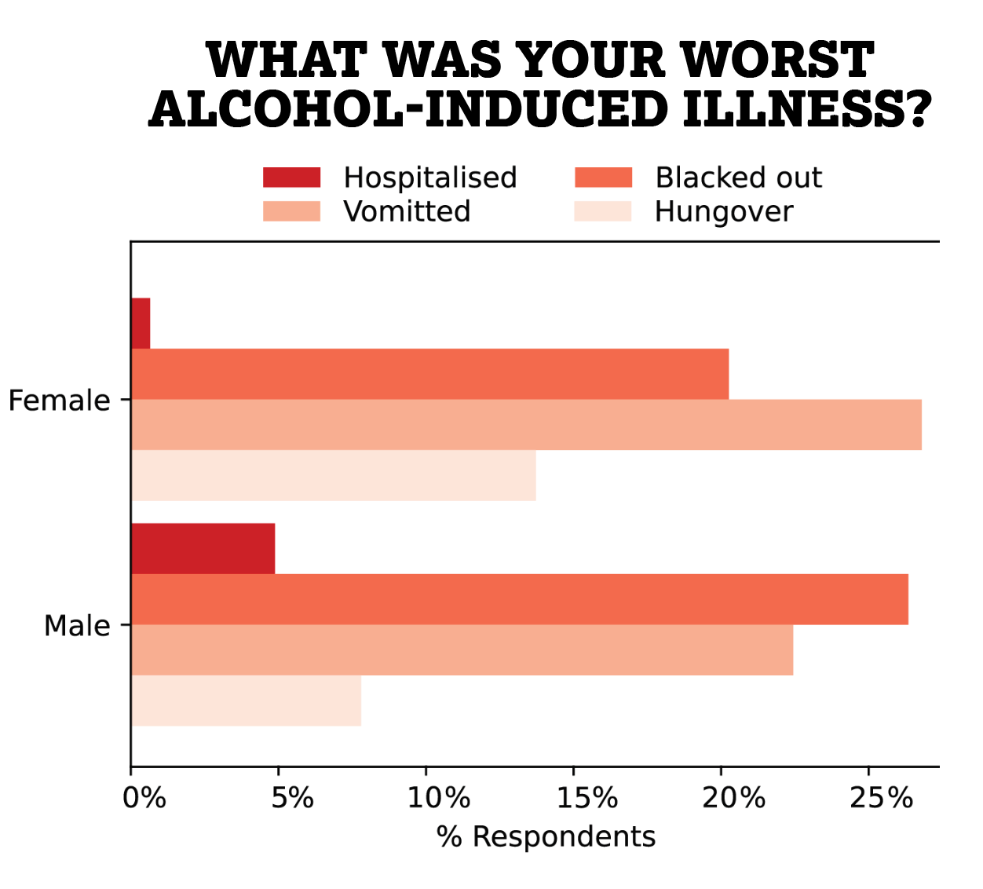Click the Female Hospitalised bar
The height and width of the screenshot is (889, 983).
pyautogui.click(x=141, y=324)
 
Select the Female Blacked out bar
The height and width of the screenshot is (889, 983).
pyautogui.click(x=429, y=374)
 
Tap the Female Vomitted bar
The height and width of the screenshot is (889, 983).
pyautogui.click(x=526, y=425)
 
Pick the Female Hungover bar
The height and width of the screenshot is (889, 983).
pyautogui.click(x=333, y=475)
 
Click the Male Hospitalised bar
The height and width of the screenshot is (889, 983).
pyautogui.click(x=203, y=549)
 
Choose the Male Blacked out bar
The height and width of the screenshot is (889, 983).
pyautogui.click(x=519, y=599)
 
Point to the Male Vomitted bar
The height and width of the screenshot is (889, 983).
pyautogui.click(x=462, y=650)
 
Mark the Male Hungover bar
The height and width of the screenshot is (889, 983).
pyautogui.click(x=246, y=701)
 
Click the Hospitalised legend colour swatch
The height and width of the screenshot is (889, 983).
pyautogui.click(x=291, y=177)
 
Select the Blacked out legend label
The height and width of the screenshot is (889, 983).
pyautogui.click(x=738, y=177)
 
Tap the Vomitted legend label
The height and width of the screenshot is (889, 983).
pyautogui.click(x=407, y=211)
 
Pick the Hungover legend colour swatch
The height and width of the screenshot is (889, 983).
pyautogui.click(x=602, y=211)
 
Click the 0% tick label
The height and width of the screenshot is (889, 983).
pyautogui.click(x=144, y=798)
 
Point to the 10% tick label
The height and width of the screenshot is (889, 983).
pyautogui.click(x=438, y=798)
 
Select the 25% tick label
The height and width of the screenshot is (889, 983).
pyautogui.click(x=881, y=798)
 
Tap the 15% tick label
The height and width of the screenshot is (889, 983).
pyautogui.click(x=587, y=798)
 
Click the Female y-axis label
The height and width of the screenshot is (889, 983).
pyautogui.click(x=59, y=401)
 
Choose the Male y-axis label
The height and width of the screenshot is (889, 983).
pyautogui.click(x=77, y=626)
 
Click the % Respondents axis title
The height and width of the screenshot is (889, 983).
pyautogui.click(x=546, y=836)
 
